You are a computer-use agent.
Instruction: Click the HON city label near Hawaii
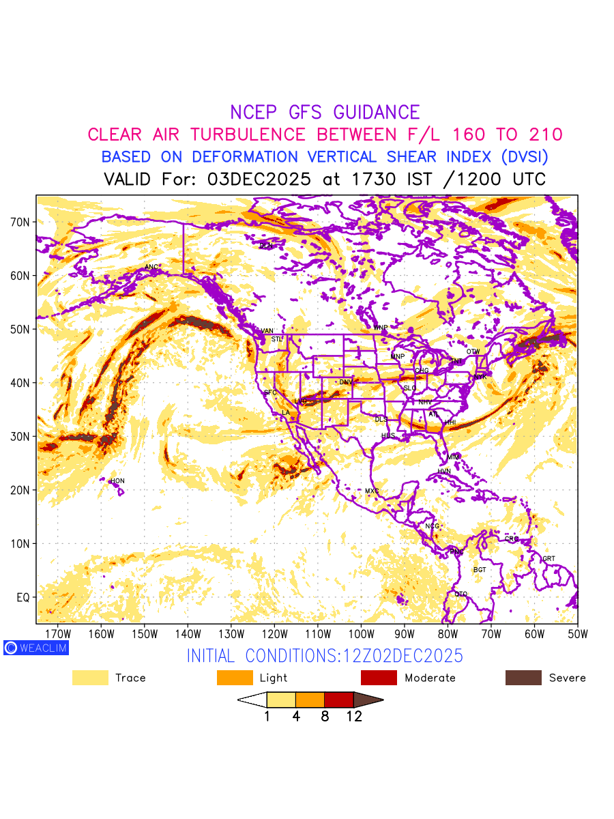click(x=118, y=481)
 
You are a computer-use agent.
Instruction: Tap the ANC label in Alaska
click(x=151, y=267)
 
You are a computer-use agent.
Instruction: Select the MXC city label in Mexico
click(x=372, y=491)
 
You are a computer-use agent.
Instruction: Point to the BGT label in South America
click(x=480, y=570)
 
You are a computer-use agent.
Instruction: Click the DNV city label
click(x=346, y=382)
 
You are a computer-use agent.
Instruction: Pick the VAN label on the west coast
click(x=267, y=331)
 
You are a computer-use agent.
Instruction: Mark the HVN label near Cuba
click(x=444, y=472)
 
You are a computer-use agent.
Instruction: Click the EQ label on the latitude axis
click(x=23, y=597)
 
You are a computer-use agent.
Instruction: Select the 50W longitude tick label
click(x=577, y=634)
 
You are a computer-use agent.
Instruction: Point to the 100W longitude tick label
click(x=361, y=634)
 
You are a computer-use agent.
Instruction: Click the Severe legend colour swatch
click(x=523, y=678)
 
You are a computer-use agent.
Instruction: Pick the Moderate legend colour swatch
click(x=379, y=678)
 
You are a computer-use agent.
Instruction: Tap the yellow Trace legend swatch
click(x=90, y=678)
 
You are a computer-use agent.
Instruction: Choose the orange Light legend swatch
click(x=235, y=678)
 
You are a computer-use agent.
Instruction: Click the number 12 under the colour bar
click(x=354, y=717)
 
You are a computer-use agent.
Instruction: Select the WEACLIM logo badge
click(x=36, y=648)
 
